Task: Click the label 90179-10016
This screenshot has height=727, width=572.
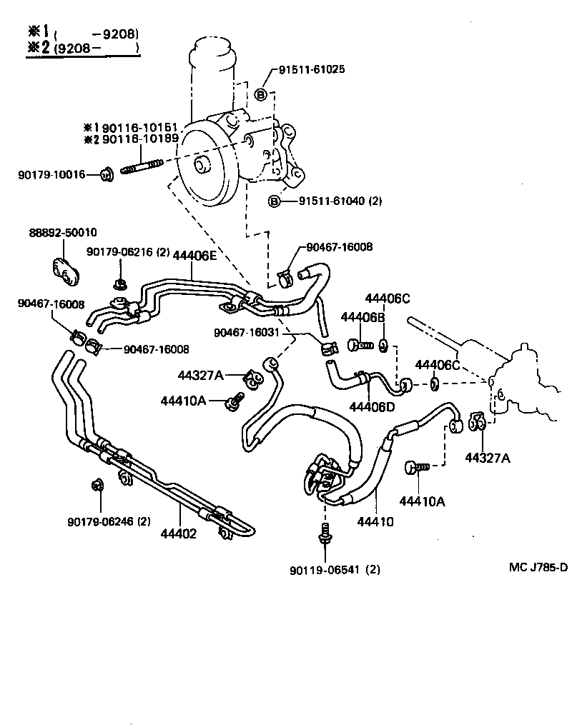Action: (x=51, y=174)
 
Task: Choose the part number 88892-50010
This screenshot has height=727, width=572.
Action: (x=63, y=233)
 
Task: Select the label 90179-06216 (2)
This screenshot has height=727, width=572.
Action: (x=128, y=251)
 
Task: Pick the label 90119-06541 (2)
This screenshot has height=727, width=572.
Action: (x=335, y=570)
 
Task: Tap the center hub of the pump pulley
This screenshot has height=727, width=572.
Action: (x=201, y=166)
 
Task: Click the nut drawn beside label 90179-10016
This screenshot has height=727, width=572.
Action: (x=107, y=173)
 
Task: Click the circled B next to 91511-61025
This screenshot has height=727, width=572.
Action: (x=262, y=95)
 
